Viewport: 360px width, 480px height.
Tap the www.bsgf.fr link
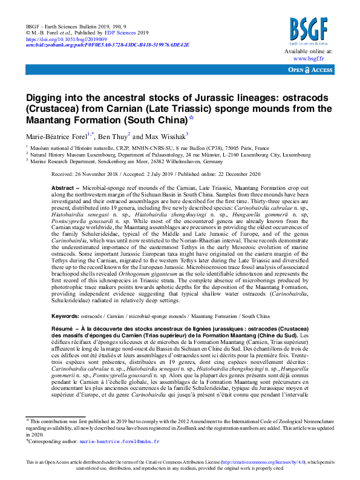coord(309,59)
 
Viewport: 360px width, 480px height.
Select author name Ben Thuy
coord(114,136)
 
